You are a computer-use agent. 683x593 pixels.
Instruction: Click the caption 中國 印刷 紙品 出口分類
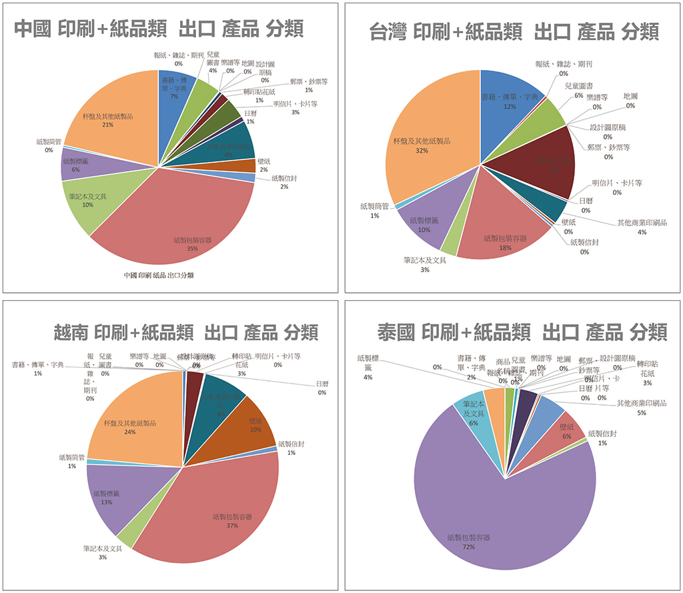[x=159, y=275]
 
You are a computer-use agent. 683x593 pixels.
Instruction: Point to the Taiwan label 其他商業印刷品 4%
[x=641, y=227]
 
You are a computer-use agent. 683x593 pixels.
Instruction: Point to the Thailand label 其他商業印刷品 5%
[x=640, y=408]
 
